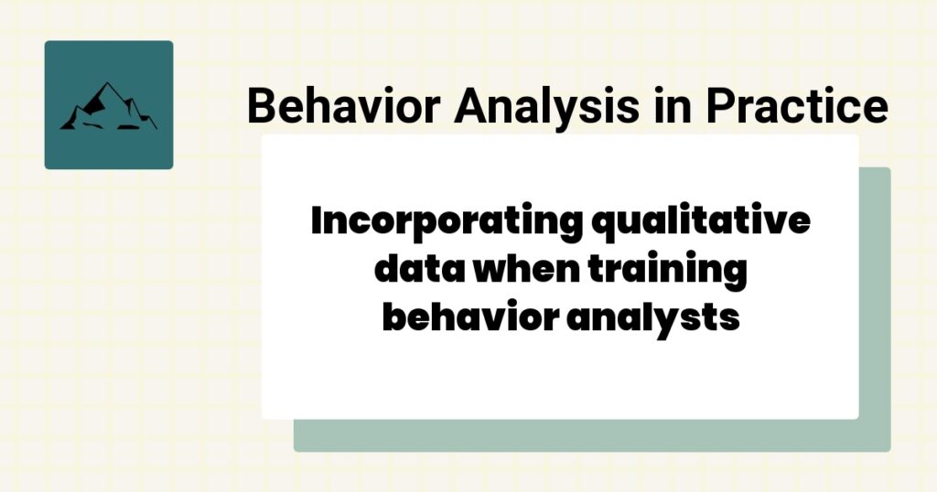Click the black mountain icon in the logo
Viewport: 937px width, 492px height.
click(108, 106)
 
